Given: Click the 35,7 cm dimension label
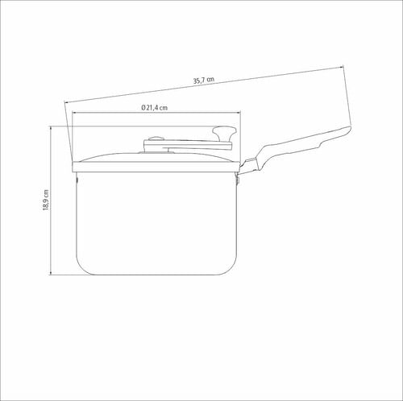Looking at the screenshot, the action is point(204,81).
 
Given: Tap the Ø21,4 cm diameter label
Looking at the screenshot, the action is point(155,108).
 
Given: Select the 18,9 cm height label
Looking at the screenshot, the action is point(46,200).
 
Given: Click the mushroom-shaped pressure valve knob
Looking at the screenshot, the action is point(224,134).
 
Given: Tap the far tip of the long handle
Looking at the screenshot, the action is point(351,129).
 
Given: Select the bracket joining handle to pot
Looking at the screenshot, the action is point(246,167).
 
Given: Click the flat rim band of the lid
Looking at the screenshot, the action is point(156,167).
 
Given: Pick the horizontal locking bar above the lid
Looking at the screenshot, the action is point(188,145).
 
